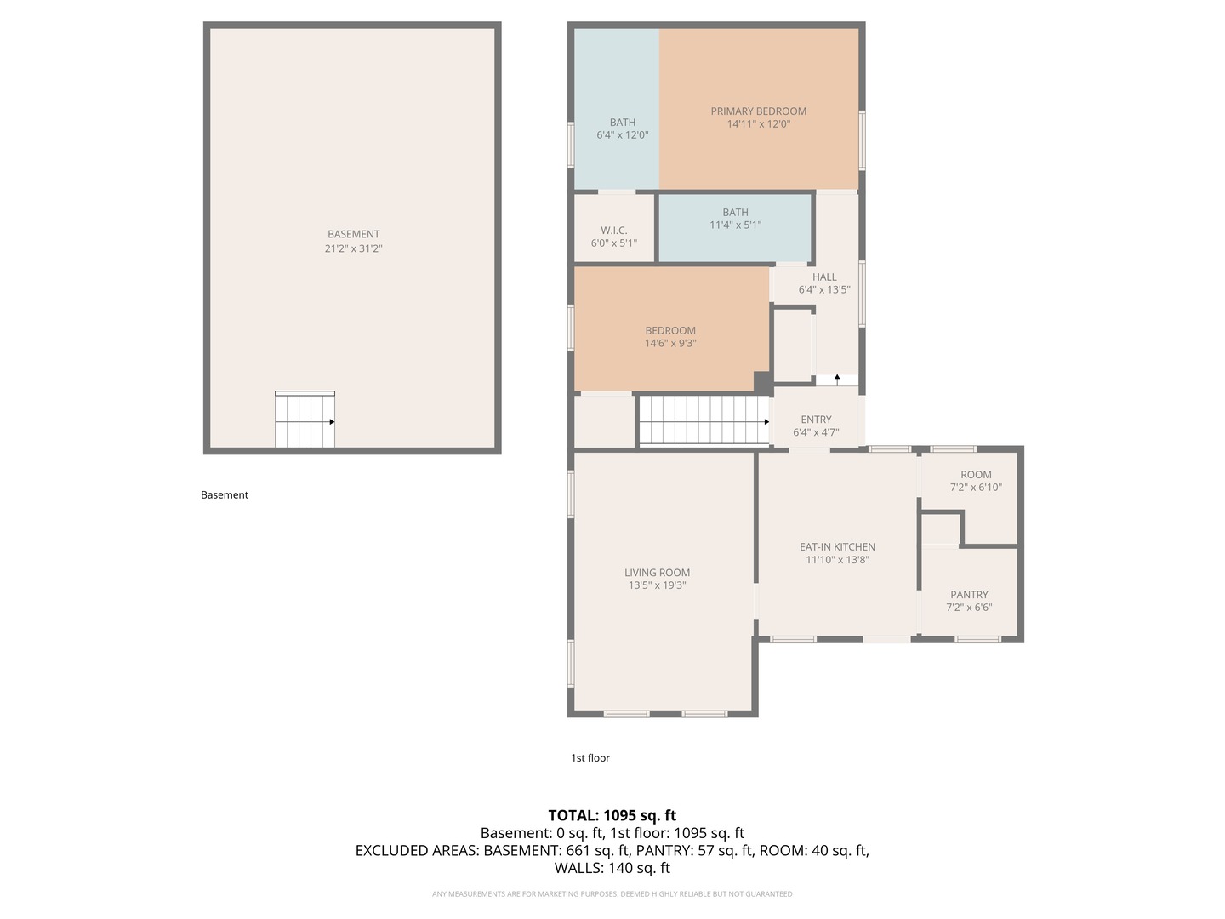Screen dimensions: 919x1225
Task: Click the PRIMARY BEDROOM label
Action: (x=758, y=111)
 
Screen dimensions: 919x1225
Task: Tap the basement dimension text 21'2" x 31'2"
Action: (x=353, y=248)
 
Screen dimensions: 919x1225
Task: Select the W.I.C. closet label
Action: (x=613, y=231)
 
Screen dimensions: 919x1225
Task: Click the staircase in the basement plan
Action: (x=304, y=420)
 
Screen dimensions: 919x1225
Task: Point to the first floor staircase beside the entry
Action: (x=704, y=420)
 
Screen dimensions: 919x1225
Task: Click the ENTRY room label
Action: (x=816, y=420)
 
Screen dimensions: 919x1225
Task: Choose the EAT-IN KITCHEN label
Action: (x=837, y=547)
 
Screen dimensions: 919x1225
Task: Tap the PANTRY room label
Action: (x=969, y=595)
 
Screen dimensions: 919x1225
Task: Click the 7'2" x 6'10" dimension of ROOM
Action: (x=976, y=488)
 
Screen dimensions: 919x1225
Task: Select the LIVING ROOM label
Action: (x=657, y=573)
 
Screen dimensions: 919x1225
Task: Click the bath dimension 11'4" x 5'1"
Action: (x=735, y=225)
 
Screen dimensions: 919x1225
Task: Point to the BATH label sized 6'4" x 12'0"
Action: (x=622, y=123)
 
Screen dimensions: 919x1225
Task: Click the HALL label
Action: (x=824, y=277)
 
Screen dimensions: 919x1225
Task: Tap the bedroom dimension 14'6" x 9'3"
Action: (x=670, y=344)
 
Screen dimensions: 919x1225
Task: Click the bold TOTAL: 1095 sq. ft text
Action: (x=612, y=815)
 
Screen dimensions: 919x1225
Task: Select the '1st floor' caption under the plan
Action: (x=590, y=758)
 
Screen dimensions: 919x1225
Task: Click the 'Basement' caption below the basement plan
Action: (x=225, y=495)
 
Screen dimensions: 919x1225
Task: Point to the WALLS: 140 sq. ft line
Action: (x=612, y=868)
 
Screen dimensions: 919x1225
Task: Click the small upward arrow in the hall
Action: (x=837, y=379)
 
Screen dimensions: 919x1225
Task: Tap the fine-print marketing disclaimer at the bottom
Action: (x=612, y=894)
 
